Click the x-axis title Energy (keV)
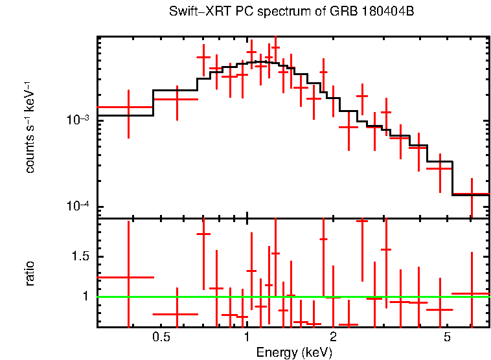(294, 352)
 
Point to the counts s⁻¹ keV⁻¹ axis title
(30, 127)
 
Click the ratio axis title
(30, 273)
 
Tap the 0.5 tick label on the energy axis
(161, 337)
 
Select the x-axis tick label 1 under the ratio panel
(247, 337)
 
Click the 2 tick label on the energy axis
(333, 337)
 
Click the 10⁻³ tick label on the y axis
(78, 120)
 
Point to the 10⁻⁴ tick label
(78, 207)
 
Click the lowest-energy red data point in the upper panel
(128, 107)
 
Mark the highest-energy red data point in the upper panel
(472, 194)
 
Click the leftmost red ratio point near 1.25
(128, 277)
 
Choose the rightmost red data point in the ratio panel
(472, 293)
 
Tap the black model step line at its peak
(259, 62)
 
